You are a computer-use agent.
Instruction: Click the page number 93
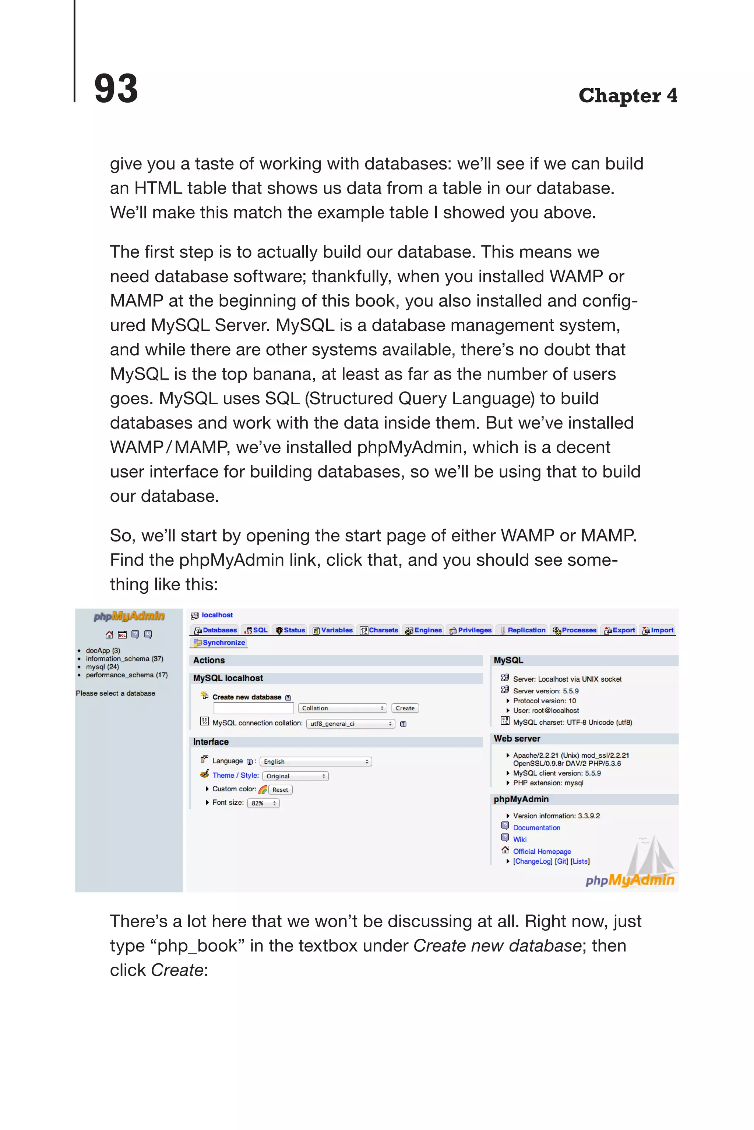tap(116, 89)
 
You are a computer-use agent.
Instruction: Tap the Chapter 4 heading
tap(627, 96)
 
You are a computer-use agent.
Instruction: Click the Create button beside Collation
tap(405, 708)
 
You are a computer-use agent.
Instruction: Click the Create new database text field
tap(253, 708)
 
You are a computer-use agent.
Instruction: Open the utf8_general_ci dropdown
tap(350, 724)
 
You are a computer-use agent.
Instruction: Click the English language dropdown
tap(316, 761)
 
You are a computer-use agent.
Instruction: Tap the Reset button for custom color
tap(280, 789)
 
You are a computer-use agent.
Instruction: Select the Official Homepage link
tap(542, 851)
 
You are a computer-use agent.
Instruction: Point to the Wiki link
tap(520, 839)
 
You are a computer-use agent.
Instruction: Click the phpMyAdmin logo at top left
tap(129, 616)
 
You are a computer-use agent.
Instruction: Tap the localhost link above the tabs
tap(217, 615)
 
